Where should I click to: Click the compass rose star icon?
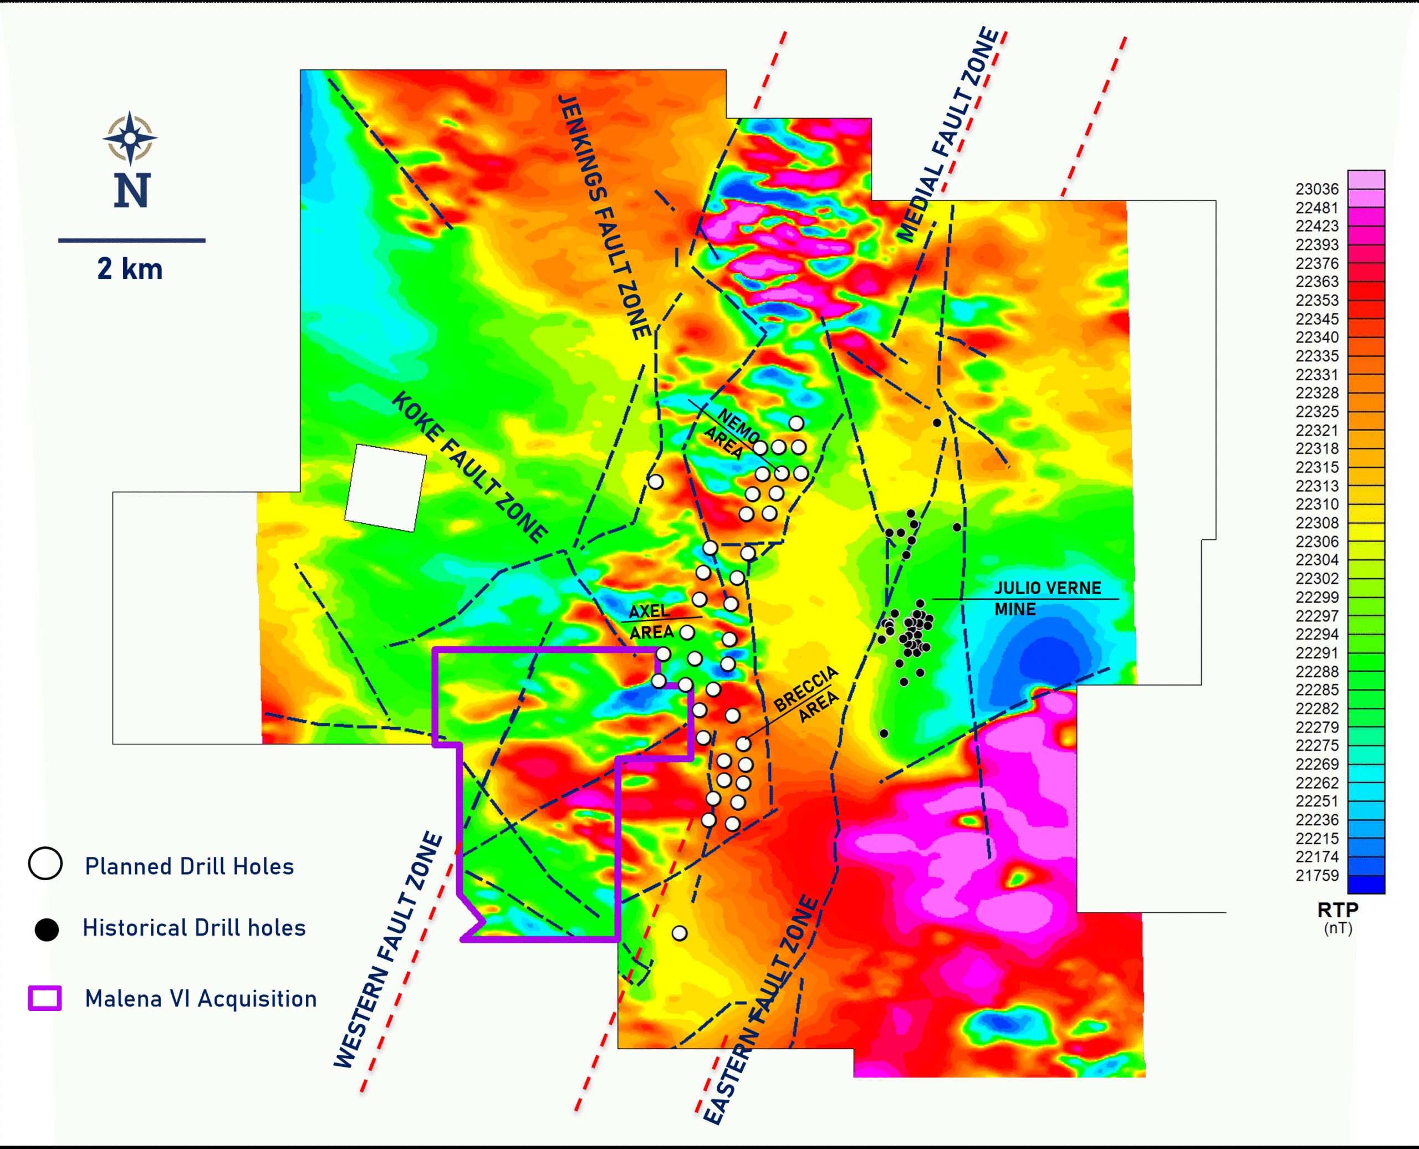130,137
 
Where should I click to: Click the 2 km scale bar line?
132,240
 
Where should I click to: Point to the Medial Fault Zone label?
948,135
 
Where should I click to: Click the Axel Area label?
651,621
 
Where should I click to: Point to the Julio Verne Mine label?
1047,598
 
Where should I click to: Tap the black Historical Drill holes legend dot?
47,930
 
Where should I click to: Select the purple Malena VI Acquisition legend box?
45,998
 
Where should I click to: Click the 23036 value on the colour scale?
1317,190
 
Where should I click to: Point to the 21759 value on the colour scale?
1317,875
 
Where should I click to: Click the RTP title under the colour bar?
1338,910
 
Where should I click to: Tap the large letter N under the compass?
132,191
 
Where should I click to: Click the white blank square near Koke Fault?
386,488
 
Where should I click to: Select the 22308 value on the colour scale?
1317,523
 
